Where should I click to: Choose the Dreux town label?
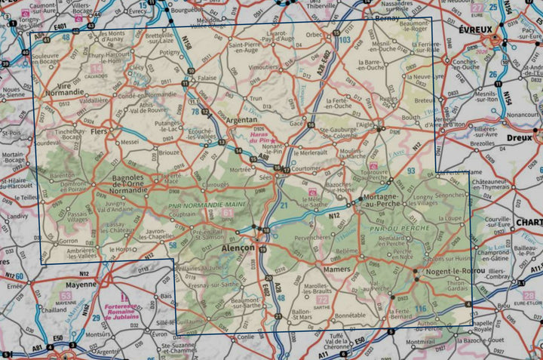[520, 138]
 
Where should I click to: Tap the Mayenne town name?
[78, 285]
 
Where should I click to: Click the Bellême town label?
[347, 251]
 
